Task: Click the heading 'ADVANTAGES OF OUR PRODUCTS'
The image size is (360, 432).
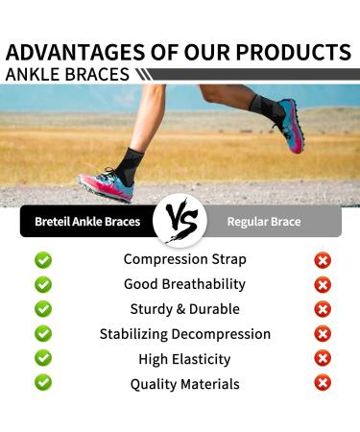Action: pos(179,51)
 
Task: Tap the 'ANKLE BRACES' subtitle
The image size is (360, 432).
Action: pos(67,73)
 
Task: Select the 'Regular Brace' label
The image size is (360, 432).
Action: pos(263,222)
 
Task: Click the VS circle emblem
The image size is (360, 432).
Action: pos(180,222)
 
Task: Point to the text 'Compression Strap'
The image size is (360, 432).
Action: pos(184,259)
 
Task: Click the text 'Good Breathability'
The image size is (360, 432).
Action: pos(184,284)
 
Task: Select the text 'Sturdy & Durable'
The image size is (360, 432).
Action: pos(184,309)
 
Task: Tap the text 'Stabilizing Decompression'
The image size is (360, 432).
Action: pos(184,334)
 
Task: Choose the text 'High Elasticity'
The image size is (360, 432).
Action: pos(184,359)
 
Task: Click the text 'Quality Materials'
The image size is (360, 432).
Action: pos(184,384)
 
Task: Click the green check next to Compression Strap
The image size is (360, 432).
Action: pos(43,259)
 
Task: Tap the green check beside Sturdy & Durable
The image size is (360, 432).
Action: pos(43,309)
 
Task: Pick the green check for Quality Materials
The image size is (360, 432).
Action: pos(43,383)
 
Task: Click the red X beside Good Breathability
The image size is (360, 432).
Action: pos(323,284)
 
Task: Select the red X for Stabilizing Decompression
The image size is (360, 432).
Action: pos(323,334)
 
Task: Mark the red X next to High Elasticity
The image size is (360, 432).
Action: pos(323,359)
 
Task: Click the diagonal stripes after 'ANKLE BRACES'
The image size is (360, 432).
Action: pos(143,74)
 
